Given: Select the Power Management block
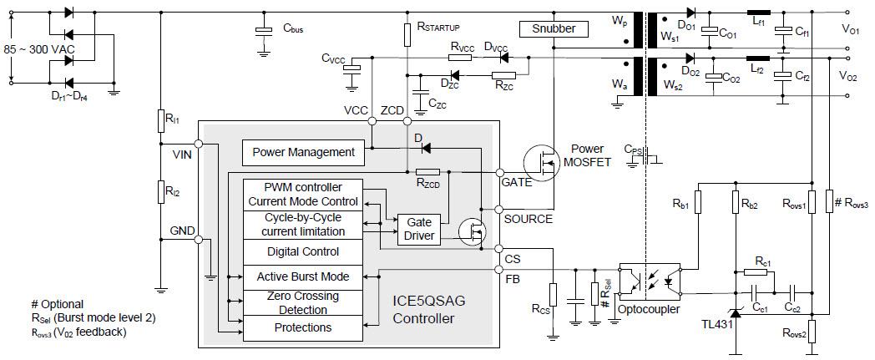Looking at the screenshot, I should click(303, 152).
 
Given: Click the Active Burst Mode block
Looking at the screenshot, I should click(303, 276).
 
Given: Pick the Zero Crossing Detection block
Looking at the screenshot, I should click(303, 302).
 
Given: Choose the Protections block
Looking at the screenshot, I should click(303, 327).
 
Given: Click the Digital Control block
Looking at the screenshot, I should click(303, 251).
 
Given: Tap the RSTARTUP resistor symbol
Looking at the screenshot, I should click(406, 34).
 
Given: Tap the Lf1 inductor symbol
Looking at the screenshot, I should click(756, 13).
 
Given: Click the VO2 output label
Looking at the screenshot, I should click(850, 75).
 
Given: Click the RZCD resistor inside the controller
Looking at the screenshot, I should click(427, 171).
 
